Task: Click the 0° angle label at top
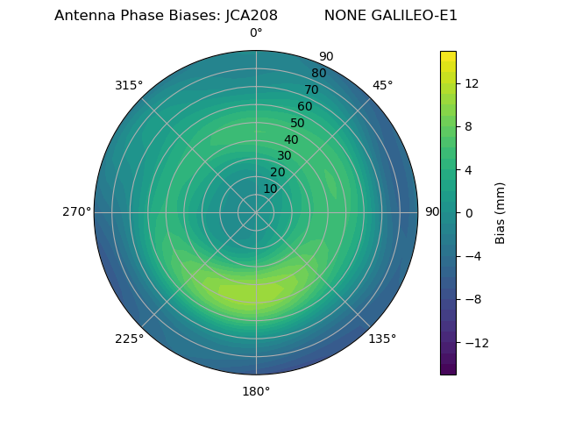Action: tap(256, 33)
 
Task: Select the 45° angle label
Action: tap(382, 85)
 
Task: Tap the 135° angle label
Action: tap(382, 339)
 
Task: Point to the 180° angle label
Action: tap(256, 391)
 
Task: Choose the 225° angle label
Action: tap(129, 339)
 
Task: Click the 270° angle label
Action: tap(76, 211)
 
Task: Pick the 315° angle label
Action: tap(129, 85)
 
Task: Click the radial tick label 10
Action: tap(270, 189)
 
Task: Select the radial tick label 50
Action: tap(298, 123)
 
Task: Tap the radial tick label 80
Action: tap(318, 73)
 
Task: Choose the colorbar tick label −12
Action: tap(474, 342)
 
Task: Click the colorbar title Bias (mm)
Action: tap(501, 212)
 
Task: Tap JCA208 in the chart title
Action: tap(250, 15)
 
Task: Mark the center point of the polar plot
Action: tap(256, 212)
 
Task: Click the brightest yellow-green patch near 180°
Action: tap(249, 290)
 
